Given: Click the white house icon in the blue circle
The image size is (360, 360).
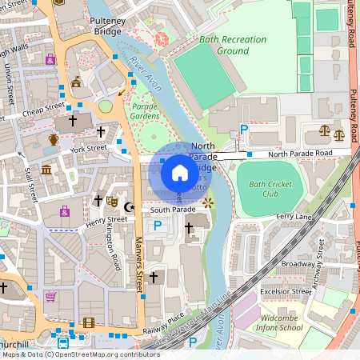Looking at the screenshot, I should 179,172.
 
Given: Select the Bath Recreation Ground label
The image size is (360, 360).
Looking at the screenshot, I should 220,45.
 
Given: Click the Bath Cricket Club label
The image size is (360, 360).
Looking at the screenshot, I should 263,189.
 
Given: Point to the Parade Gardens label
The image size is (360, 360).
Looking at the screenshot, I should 145,110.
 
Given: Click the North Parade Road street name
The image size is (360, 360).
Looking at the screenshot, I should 300,154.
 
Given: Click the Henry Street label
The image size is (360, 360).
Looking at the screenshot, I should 106,219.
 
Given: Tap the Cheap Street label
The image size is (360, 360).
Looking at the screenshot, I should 44,110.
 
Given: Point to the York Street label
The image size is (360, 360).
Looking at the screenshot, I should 88,148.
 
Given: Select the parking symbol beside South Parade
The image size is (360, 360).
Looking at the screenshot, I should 157,226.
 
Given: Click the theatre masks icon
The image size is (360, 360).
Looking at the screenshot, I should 112,202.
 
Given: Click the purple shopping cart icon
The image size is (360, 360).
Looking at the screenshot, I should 50,296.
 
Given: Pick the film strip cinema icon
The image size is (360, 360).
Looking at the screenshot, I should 88,322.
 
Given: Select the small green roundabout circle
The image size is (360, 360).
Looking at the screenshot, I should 106,106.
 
